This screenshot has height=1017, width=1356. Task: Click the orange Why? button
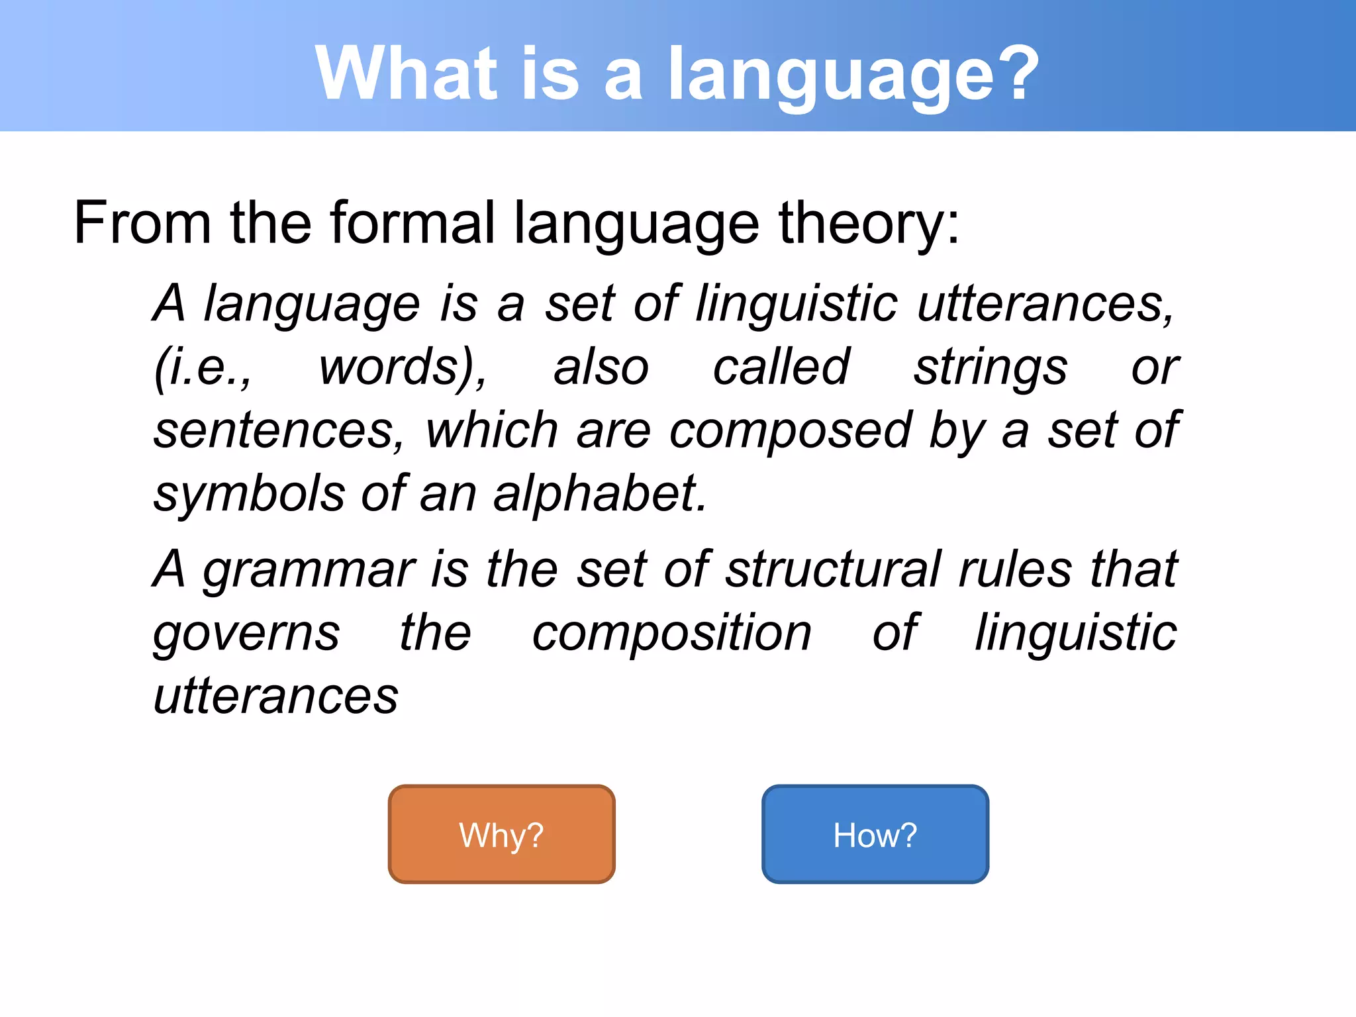click(501, 834)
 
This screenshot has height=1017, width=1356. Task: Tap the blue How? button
click(875, 834)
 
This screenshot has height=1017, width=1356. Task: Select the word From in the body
click(142, 223)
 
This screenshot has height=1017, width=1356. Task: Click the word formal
click(412, 223)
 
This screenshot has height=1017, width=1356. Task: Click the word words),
click(403, 367)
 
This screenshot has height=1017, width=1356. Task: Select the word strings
click(990, 368)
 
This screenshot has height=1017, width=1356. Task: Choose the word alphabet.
click(599, 494)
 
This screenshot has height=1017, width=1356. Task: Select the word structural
click(833, 569)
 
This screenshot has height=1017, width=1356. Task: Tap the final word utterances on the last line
click(275, 697)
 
